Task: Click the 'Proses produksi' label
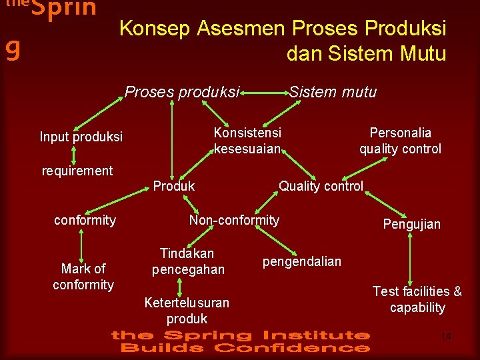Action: (182, 93)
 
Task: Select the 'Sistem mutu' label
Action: (333, 92)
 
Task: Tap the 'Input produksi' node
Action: (81, 137)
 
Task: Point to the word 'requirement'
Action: (77, 171)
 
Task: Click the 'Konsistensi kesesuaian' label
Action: (247, 140)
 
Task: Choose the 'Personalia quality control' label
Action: (400, 141)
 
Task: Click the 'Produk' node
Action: (174, 187)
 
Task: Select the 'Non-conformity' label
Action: (234, 220)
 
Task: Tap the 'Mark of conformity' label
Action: (83, 277)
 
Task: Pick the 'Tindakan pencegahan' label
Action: (188, 261)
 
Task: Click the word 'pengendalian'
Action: (302, 261)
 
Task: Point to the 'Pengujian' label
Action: (411, 224)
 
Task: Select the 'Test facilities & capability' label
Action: (417, 299)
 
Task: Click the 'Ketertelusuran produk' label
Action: (187, 311)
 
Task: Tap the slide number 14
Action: (446, 337)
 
